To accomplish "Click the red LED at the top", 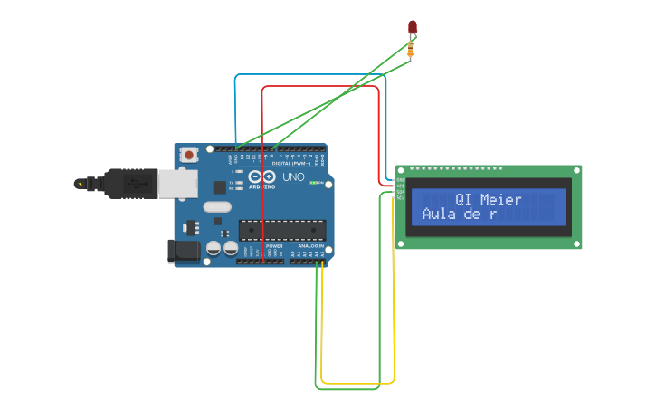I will [x=413, y=27].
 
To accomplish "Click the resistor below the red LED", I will [x=411, y=49].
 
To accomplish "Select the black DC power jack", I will [x=183, y=251].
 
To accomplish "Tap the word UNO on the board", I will [x=294, y=177].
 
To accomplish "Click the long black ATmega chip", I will [x=280, y=232].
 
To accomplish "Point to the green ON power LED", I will [x=315, y=183].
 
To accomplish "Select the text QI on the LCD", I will [x=463, y=199].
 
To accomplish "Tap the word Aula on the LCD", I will [x=440, y=215].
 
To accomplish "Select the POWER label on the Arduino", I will [x=274, y=245].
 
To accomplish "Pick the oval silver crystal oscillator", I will [x=217, y=207].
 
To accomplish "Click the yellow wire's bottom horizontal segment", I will [x=357, y=383].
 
